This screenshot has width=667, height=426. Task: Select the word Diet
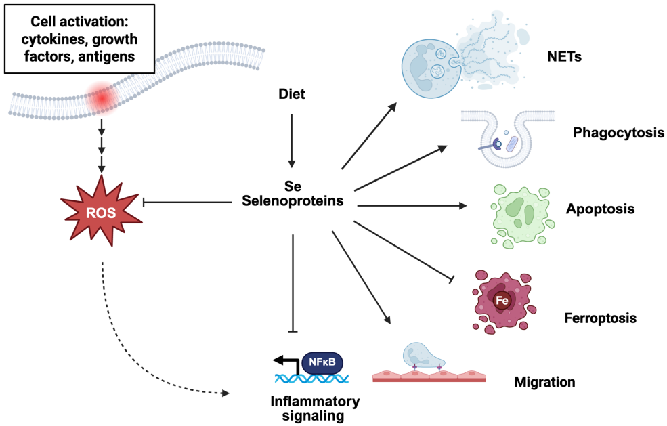point(292,95)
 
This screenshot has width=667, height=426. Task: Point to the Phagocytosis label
point(618,133)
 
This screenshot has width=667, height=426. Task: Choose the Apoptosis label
point(600,209)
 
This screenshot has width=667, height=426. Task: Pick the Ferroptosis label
point(600,316)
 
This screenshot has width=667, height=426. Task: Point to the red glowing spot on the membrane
point(102,99)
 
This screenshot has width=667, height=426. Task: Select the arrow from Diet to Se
point(292,139)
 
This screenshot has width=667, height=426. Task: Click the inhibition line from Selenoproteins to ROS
point(190,202)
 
